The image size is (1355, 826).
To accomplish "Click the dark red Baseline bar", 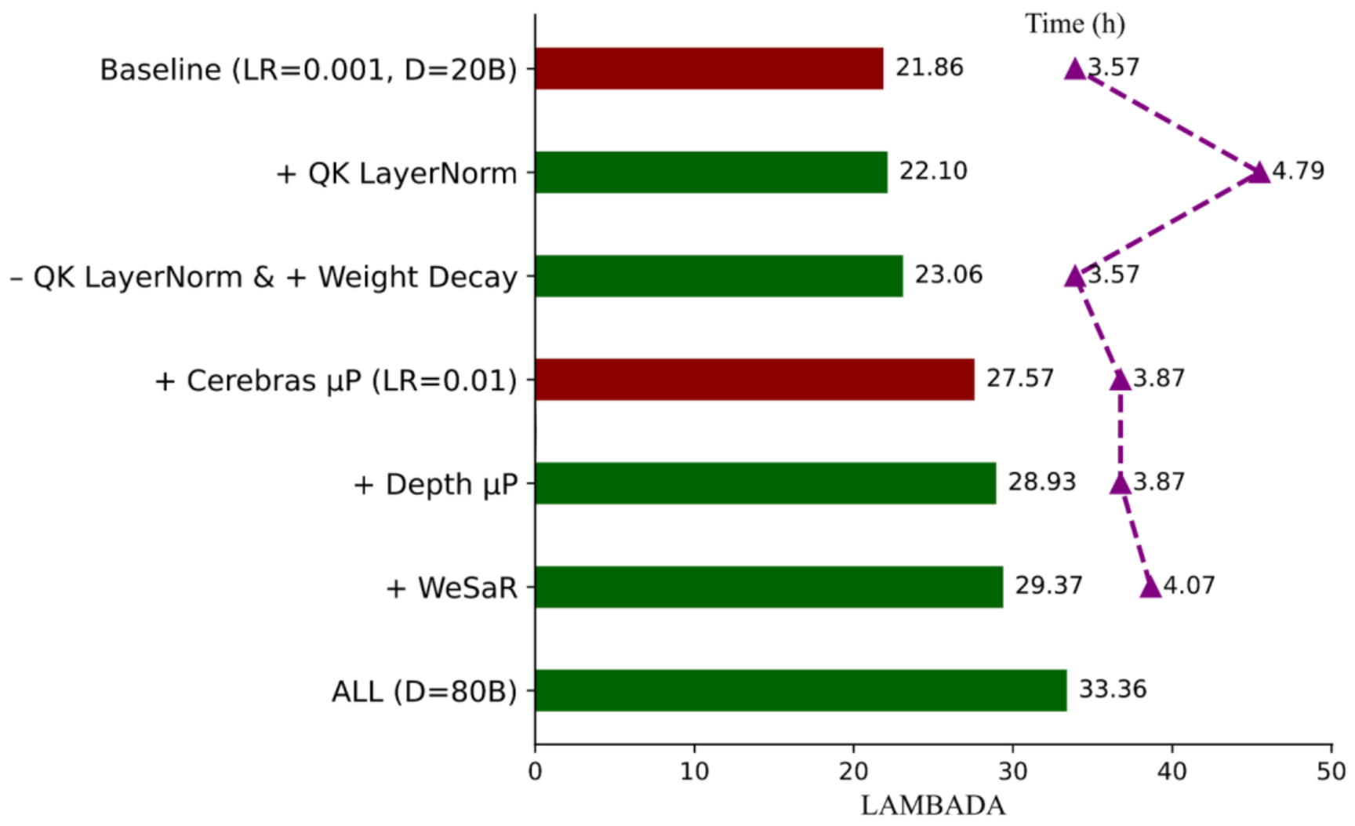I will (x=709, y=68).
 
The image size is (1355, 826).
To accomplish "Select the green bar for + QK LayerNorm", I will (x=711, y=172).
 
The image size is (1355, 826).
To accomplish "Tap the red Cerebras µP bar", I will (x=754, y=380).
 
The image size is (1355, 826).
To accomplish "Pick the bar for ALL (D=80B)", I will (x=801, y=690).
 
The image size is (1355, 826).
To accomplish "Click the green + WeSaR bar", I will (x=768, y=587).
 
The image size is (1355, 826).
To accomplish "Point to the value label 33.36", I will (x=1112, y=690).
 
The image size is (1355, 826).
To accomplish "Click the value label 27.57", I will (x=1019, y=379).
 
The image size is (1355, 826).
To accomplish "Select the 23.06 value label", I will (x=948, y=275).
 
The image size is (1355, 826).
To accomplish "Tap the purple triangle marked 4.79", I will (x=1259, y=173).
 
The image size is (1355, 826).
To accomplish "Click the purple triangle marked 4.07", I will (x=1150, y=587).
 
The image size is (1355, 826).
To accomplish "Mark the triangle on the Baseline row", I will (x=1075, y=69).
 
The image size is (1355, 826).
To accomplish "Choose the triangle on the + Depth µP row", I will (x=1120, y=483).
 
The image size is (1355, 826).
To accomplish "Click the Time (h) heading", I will (x=1074, y=24).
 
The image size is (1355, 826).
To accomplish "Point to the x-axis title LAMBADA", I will (x=932, y=806).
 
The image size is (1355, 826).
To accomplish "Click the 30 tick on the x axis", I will (x=1012, y=772).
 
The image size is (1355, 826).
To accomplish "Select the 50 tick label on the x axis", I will (x=1331, y=772).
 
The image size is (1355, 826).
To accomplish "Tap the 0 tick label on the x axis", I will (x=535, y=772).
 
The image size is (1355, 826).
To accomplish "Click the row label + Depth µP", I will (x=435, y=485).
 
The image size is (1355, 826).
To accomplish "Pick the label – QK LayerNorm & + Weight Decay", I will (x=263, y=278).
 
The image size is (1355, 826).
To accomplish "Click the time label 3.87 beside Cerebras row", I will (x=1158, y=379).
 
